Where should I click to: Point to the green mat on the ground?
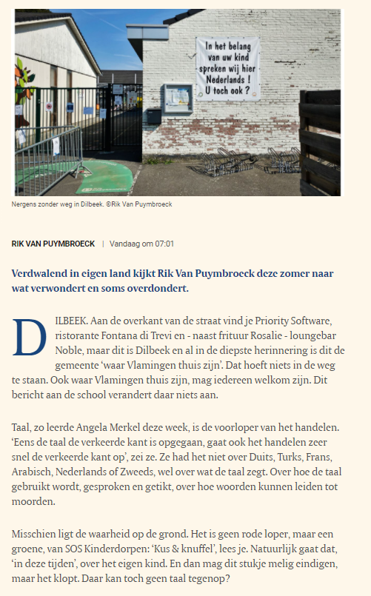point(104,178)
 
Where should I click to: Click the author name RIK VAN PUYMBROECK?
point(53,243)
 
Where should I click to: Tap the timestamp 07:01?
point(164,243)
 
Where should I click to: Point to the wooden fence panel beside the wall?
point(320,141)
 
